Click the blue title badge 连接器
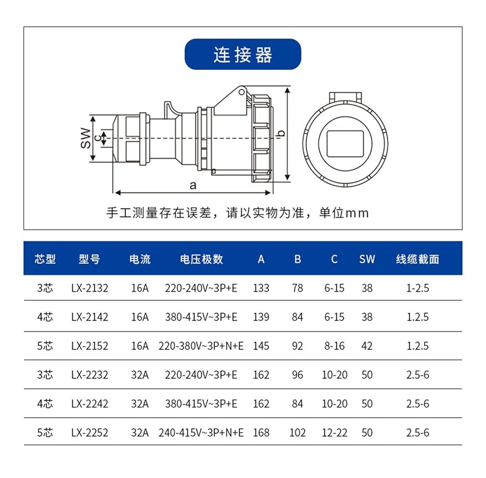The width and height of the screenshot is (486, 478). [x=243, y=54]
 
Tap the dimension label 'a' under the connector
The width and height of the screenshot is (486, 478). [x=193, y=185]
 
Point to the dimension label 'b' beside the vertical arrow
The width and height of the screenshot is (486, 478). [x=281, y=134]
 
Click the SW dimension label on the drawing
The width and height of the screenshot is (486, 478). [x=86, y=138]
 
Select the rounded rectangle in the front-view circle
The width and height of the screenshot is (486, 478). [x=345, y=144]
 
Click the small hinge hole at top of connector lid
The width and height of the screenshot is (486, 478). [x=242, y=92]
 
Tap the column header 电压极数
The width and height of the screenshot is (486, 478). [x=202, y=259]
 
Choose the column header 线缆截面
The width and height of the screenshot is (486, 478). [x=417, y=259]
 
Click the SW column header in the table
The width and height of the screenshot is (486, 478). [x=367, y=259]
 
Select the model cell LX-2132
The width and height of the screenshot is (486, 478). [x=89, y=288]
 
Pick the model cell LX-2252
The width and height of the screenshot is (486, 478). [x=89, y=432]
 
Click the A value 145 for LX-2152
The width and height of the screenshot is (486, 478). [x=261, y=346]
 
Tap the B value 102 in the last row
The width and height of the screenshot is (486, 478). [x=297, y=432]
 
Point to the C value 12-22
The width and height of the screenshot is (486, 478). [x=334, y=432]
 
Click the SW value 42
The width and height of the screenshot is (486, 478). [x=367, y=346]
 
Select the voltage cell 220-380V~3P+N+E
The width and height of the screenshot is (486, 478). [x=201, y=346]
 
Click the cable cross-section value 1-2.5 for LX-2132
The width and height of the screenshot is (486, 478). [x=417, y=288]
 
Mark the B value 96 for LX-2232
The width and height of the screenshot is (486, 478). [x=297, y=375]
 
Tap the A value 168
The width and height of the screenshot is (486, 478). [x=261, y=432]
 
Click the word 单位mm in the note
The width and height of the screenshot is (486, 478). [x=344, y=213]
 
